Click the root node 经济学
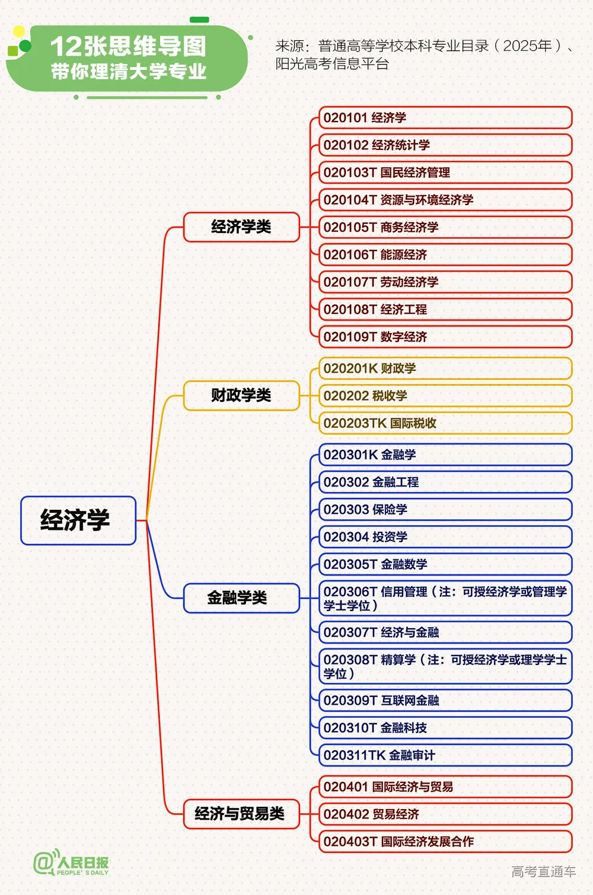(78, 520)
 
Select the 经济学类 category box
(241, 227)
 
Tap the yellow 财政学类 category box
(241, 395)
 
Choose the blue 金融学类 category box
(241, 597)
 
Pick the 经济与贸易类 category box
(241, 814)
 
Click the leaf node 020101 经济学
(445, 117)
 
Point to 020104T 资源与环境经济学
(445, 200)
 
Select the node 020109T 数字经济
(445, 337)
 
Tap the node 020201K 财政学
(445, 368)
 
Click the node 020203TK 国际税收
(445, 423)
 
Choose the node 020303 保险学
(445, 509)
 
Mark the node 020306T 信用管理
(445, 598)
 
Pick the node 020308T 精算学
(445, 666)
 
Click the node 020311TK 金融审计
(445, 755)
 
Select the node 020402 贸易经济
(445, 814)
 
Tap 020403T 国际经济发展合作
(445, 841)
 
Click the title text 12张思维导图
(128, 46)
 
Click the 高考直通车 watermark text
(543, 871)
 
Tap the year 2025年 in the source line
(527, 46)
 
